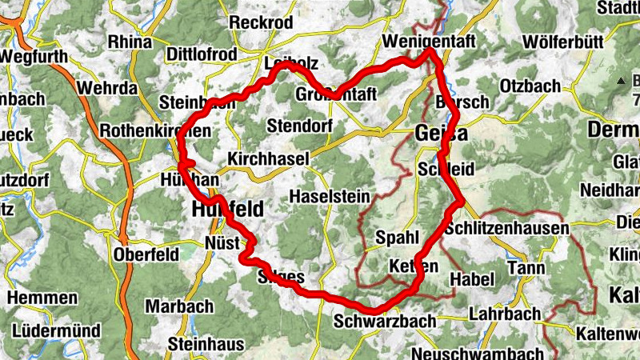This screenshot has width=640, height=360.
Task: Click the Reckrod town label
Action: pos(261,22)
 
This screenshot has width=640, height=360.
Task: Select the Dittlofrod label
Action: pos(202,54)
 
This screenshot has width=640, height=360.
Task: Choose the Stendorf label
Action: pos(299,126)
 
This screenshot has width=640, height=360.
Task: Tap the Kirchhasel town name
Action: pos(268,160)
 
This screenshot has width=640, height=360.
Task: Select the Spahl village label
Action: pos(397,238)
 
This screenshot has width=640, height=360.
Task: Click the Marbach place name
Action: pos(179,306)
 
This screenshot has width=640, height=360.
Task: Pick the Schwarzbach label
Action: pos(385,321)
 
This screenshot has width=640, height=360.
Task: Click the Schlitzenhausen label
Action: pos(506,229)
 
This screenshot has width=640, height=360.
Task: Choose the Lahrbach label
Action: pos(506,314)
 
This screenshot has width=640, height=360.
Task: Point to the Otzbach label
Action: pos(529,86)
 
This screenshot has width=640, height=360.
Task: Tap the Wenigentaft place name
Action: pos(430,40)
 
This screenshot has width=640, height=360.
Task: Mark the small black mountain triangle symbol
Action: pos(621,81)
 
